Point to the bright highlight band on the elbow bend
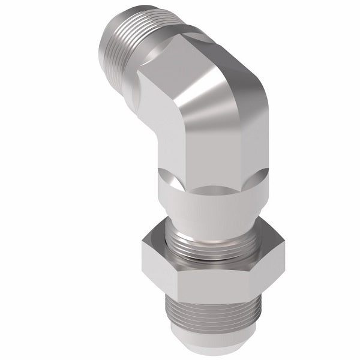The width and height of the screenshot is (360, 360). (x=198, y=90)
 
